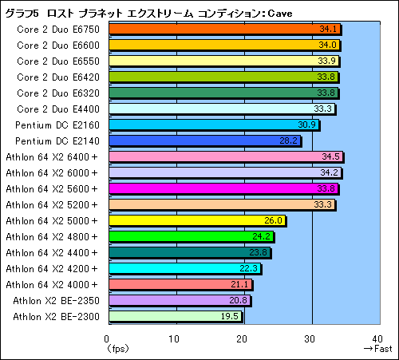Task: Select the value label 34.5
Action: (x=330, y=156)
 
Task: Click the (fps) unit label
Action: (x=117, y=349)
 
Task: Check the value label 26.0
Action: (x=272, y=220)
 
